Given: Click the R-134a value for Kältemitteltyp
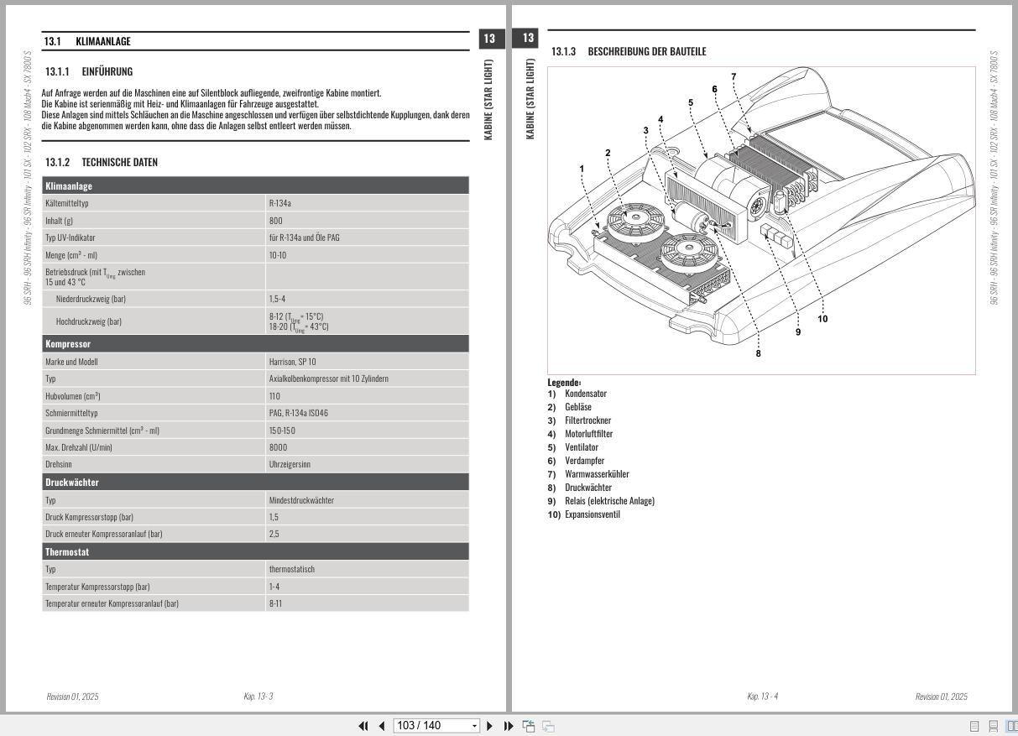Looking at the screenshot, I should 279,203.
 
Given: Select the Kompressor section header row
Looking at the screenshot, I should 255,344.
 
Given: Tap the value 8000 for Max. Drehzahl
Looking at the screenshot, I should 278,447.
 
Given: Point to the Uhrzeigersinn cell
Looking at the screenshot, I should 290,464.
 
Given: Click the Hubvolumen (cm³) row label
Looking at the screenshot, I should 73,395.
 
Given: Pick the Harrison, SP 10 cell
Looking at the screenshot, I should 293,362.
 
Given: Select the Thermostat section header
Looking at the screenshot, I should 255,552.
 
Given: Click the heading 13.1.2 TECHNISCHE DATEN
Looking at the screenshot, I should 102,162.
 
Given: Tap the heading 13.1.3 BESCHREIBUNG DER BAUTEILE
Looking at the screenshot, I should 629,52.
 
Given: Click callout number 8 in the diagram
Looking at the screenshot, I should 758,353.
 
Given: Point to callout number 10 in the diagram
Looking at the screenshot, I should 822,318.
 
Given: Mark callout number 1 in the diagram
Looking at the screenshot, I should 582,169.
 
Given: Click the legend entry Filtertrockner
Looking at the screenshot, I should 587,420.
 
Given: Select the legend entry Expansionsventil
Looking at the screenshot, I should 592,514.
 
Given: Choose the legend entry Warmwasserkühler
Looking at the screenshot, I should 597,474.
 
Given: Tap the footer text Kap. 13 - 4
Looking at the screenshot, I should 762,697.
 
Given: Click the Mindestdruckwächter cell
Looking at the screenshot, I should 301,500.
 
